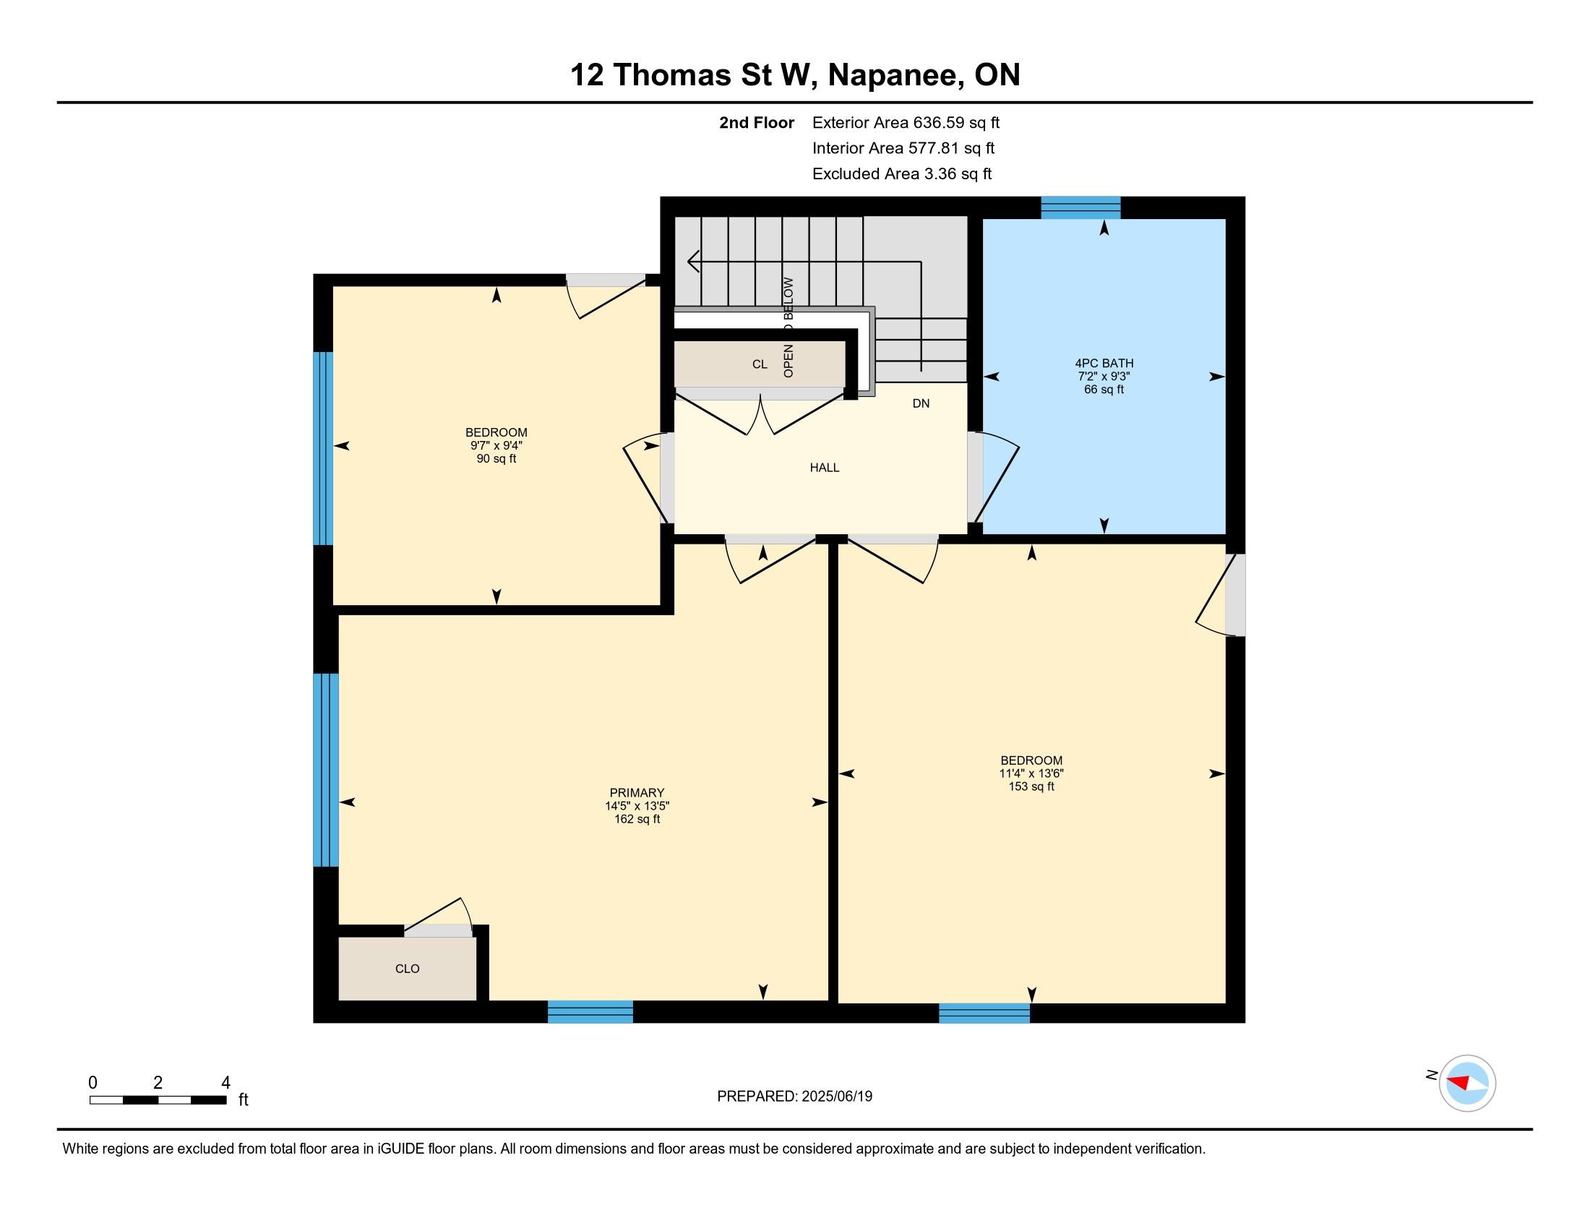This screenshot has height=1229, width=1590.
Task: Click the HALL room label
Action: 824,468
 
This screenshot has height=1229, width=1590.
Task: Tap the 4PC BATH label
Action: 1104,364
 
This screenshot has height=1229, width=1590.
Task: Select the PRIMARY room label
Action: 637,793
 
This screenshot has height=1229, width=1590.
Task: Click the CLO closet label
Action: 407,968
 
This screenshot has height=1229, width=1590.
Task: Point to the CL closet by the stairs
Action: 760,364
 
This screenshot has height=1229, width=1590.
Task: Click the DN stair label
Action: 921,403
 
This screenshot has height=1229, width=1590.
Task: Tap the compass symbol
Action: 1467,1083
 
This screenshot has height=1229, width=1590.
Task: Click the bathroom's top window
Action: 1080,207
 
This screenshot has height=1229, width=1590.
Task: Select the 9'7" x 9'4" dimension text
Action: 497,445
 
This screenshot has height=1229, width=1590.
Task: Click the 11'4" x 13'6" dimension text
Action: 1031,774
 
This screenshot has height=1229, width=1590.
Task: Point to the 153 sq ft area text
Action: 1031,787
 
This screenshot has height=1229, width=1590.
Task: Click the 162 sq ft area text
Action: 637,819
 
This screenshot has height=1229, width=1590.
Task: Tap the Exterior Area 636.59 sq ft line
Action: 906,123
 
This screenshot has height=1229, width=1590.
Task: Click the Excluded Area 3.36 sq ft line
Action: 902,174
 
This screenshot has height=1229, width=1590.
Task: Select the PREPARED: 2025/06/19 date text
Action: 794,1097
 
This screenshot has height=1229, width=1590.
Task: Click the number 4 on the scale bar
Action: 225,1083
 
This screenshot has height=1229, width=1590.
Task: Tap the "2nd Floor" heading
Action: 757,123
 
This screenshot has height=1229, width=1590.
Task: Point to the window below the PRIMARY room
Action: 590,1012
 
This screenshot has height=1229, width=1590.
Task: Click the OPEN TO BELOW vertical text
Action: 788,327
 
